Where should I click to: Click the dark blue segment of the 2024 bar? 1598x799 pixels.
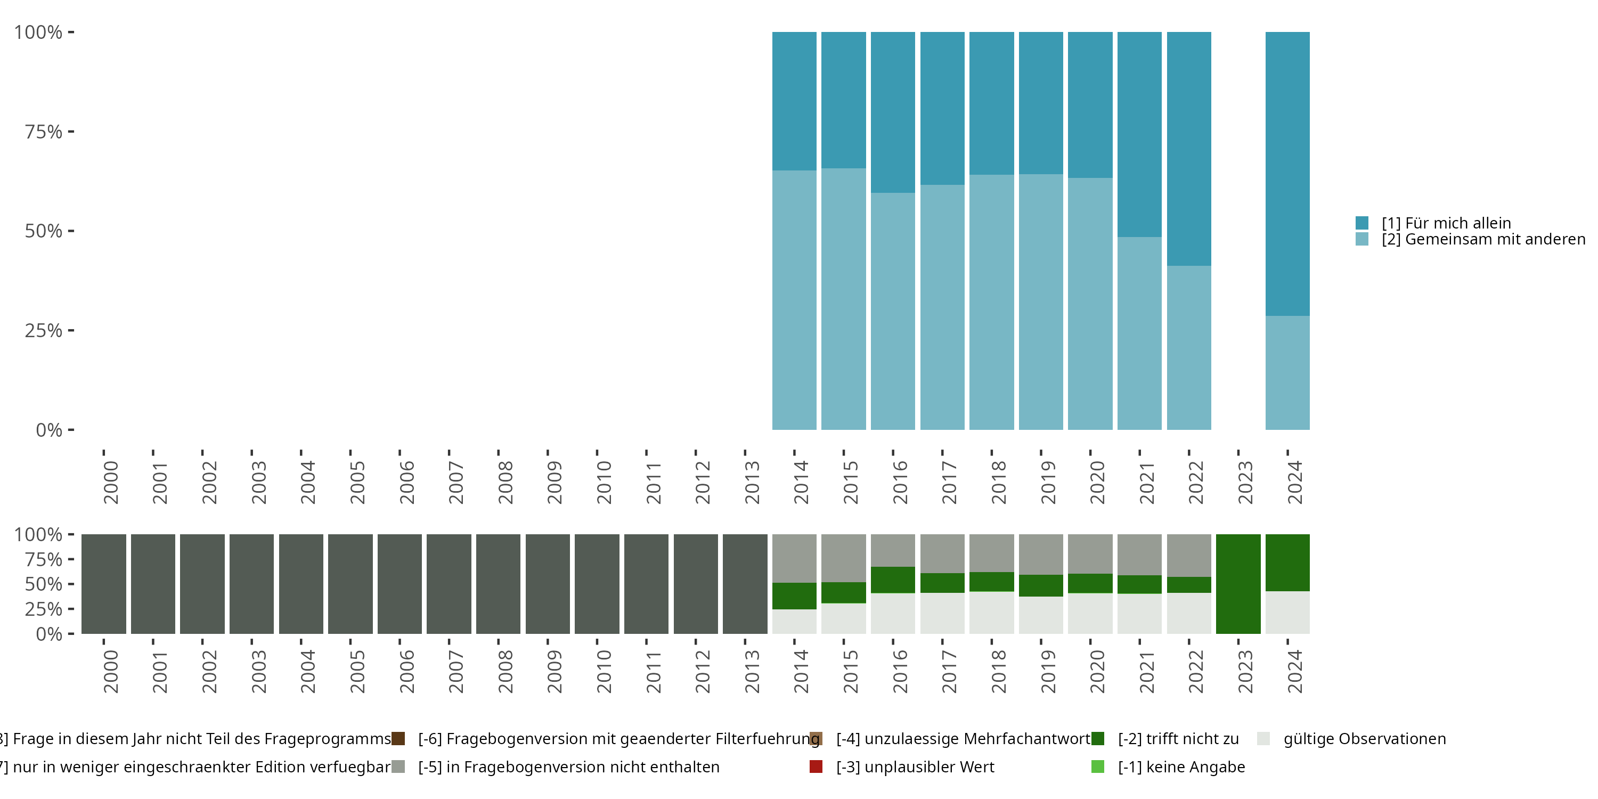1287,174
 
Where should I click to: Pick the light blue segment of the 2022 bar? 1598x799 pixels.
1188,347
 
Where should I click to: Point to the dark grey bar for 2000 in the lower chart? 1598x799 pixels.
103,584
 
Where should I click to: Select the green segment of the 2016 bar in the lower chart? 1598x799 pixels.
893,580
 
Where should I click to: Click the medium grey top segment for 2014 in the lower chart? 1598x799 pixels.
794,558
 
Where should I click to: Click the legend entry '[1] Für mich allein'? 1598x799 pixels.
1446,223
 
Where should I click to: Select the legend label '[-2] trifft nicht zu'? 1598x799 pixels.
1178,739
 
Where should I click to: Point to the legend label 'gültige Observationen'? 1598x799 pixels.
1364,739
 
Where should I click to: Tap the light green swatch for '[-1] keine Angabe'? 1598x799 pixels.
1097,767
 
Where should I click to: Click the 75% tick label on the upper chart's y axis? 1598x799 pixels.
44,132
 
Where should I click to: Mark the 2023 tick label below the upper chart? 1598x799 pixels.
1245,482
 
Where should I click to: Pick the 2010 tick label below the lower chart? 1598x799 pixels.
604,671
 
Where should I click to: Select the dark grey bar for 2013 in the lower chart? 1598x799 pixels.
745,584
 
